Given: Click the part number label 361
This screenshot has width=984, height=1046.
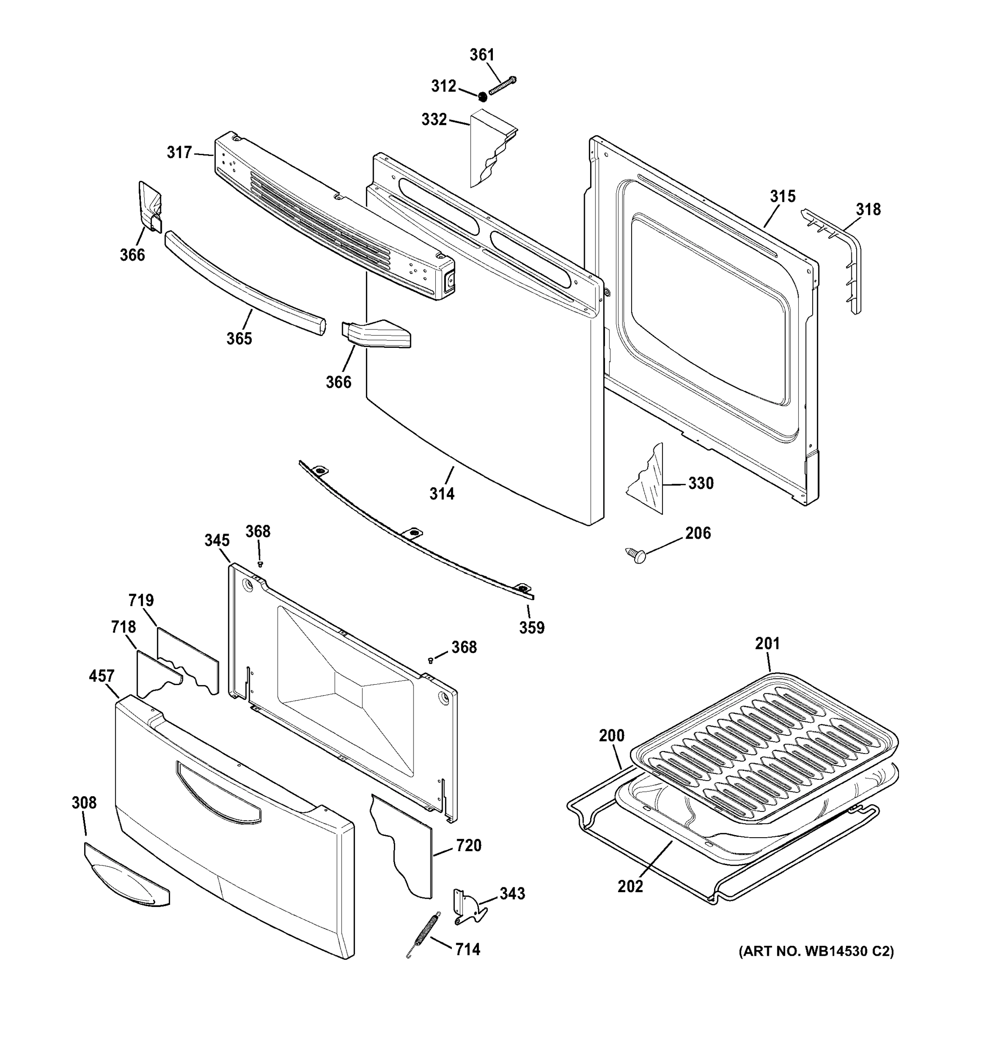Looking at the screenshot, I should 482,55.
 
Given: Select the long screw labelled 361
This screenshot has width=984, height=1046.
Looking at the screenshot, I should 503,85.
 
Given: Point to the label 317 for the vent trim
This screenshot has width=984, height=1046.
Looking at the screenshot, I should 179,153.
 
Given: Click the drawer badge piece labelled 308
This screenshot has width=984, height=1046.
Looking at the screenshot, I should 126,876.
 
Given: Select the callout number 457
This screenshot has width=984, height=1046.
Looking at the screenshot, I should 101,676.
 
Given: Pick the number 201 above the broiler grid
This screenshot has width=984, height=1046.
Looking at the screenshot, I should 767,643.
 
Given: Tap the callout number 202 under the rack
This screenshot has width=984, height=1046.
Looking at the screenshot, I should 630,886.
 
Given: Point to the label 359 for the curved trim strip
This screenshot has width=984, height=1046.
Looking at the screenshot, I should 532,627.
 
